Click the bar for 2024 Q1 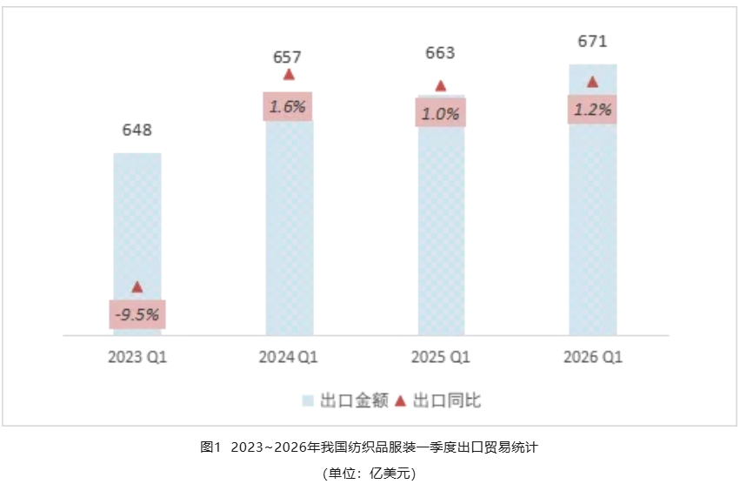(289, 226)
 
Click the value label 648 (137, 131)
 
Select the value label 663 (440, 53)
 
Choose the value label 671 (592, 41)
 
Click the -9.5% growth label (137, 314)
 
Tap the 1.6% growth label (288, 107)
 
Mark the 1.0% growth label (441, 113)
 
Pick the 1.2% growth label (592, 110)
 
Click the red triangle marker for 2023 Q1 (137, 287)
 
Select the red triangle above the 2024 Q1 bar (289, 75)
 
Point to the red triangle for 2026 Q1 (592, 82)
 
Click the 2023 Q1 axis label (137, 357)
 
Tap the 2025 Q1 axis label (441, 357)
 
